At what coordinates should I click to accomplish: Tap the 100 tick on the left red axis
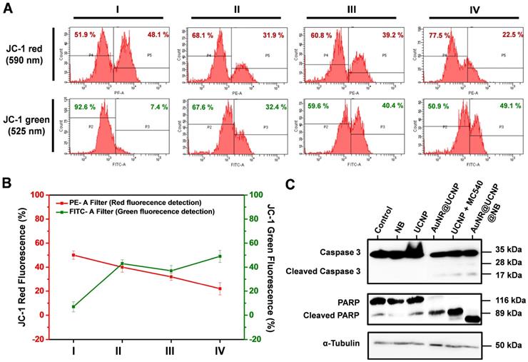pyautogui.click(x=54, y=194)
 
